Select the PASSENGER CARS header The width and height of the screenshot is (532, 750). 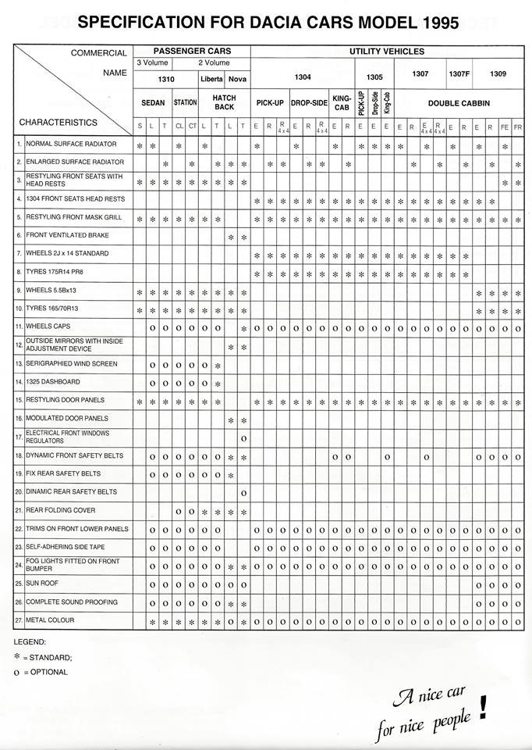191,51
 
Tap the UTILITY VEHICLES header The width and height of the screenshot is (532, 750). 387,51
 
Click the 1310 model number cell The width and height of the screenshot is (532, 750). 166,78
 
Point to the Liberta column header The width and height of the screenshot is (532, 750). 212,78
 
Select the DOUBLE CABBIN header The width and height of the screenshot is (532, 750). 458,102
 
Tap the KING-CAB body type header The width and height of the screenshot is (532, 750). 342,102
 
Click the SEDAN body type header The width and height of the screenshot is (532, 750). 153,102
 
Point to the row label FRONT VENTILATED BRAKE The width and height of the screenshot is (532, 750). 68,235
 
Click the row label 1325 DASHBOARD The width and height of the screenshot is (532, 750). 53,381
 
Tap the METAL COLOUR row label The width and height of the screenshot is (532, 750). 50,620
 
